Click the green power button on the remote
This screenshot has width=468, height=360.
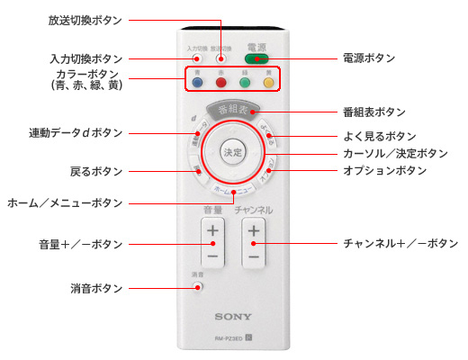coord(258,59)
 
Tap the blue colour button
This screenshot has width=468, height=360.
coord(197,84)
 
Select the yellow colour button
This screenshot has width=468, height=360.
coord(268,84)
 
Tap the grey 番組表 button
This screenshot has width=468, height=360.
coord(233,112)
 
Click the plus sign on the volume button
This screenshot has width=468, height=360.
coord(212,231)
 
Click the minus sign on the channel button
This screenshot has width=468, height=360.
coord(254,256)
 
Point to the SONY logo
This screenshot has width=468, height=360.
coord(233,318)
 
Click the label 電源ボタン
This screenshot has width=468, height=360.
coord(368,58)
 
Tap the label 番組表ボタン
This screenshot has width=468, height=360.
coord(373,112)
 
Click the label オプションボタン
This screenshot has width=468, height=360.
coord(384,170)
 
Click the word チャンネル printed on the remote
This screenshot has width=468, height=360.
coord(254,210)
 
